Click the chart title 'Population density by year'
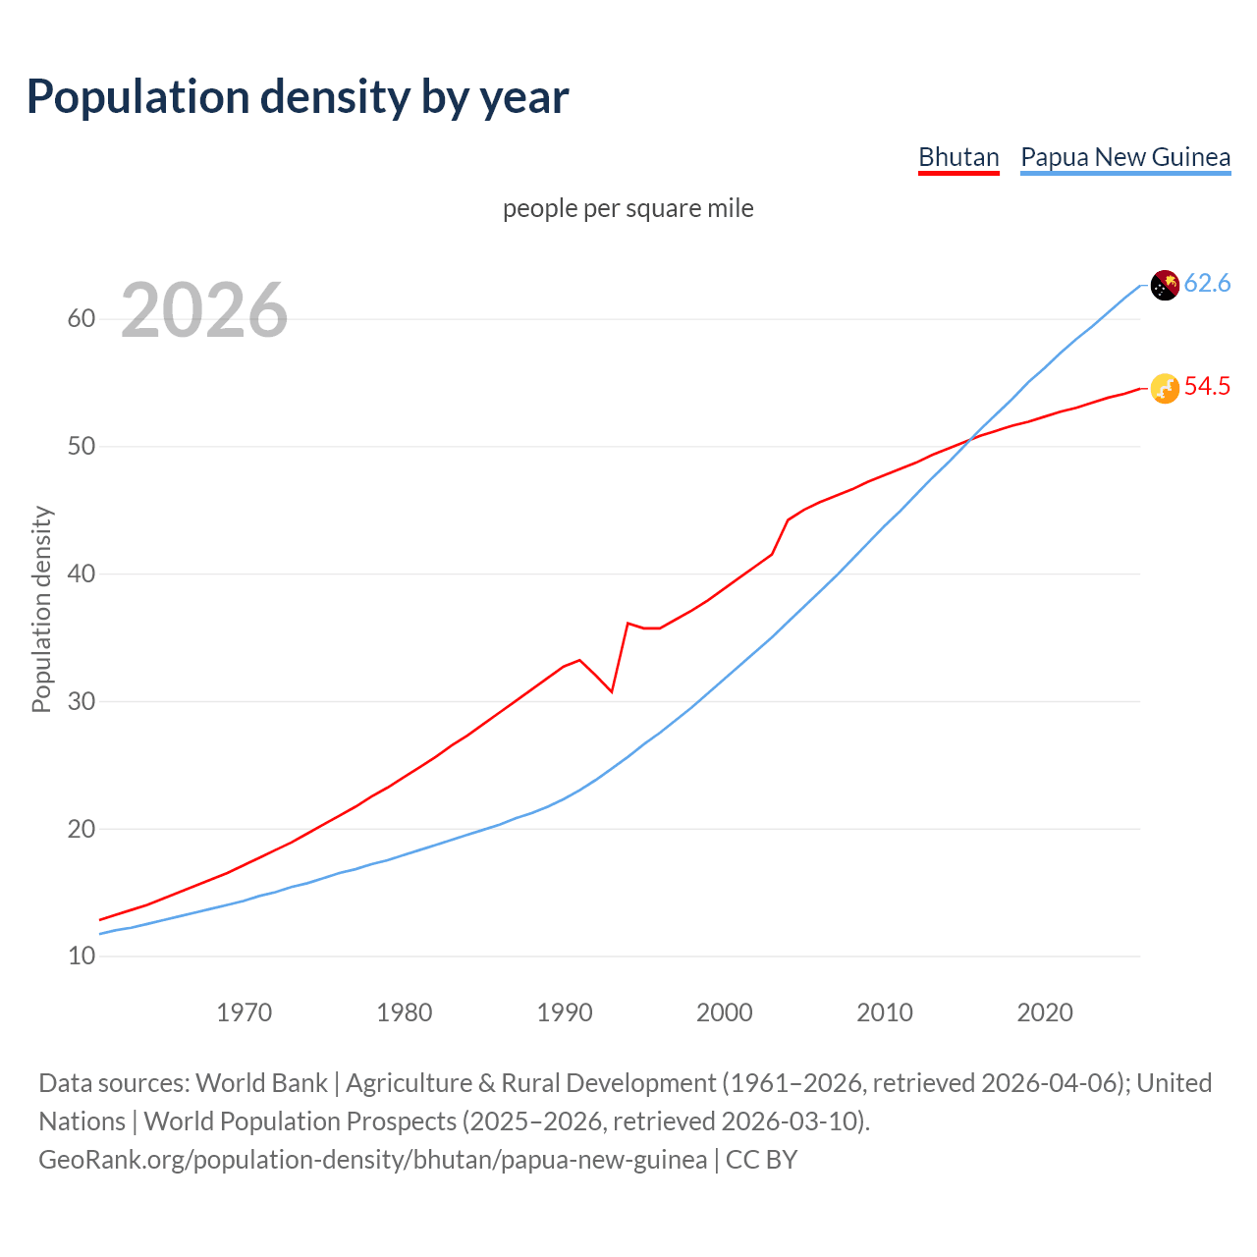[x=298, y=96]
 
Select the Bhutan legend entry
[x=958, y=157]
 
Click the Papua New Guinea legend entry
[x=1125, y=157]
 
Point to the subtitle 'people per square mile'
[x=628, y=208]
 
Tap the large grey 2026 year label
[x=204, y=310]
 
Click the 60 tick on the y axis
[x=82, y=319]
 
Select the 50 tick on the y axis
[x=82, y=447]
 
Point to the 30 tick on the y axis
[x=82, y=701]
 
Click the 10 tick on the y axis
[x=82, y=956]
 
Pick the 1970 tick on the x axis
[x=245, y=1012]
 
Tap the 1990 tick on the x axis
[x=565, y=1012]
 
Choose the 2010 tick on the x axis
[x=885, y=1012]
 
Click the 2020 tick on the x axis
[x=1045, y=1012]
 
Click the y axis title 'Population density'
[x=41, y=609]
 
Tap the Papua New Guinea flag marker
[x=1164, y=285]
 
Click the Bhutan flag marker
[x=1164, y=389]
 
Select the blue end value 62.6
[x=1207, y=284]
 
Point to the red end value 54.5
[x=1207, y=387]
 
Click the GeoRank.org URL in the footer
[x=372, y=1160]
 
